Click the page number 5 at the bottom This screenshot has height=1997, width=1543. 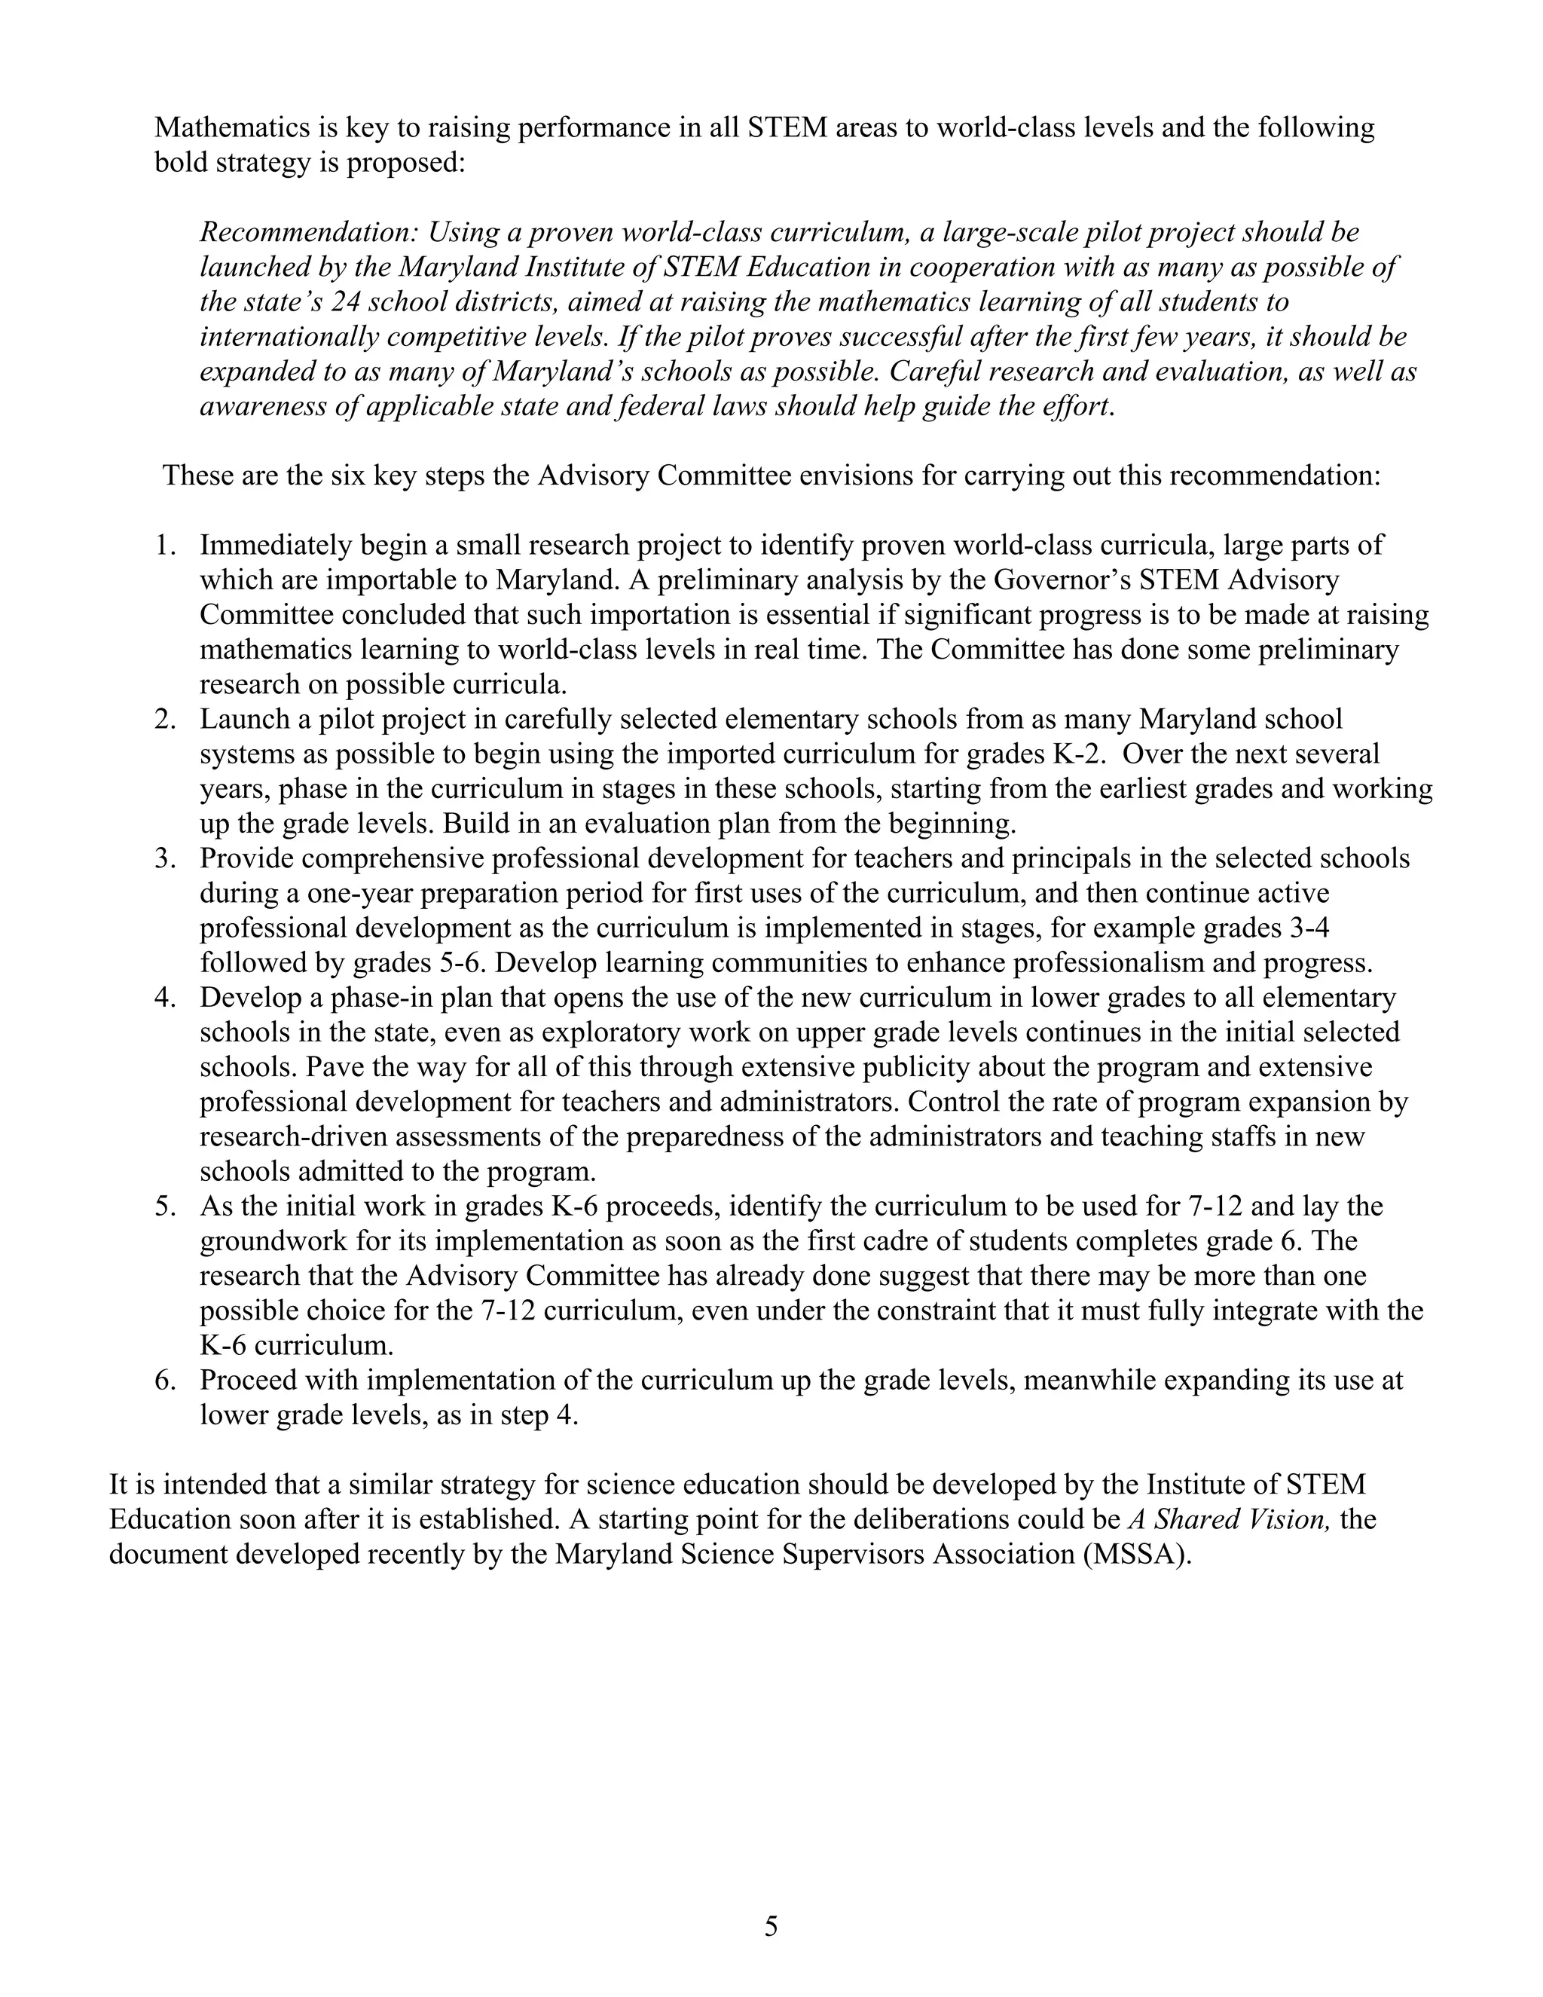click(x=771, y=1927)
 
